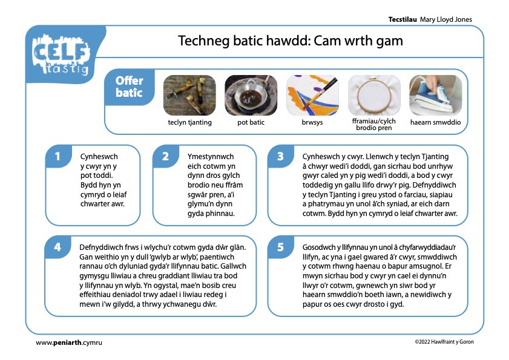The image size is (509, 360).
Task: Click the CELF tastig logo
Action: [61, 54]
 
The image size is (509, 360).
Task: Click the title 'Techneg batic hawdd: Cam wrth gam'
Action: [291, 41]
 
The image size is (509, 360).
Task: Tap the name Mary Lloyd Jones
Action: [446, 19]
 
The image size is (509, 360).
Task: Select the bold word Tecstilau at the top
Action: [402, 19]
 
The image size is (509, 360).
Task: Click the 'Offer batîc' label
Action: [129, 87]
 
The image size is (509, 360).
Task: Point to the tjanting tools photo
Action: [189, 96]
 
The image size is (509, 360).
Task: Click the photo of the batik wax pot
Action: [251, 96]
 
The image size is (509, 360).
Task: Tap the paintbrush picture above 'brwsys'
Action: [312, 96]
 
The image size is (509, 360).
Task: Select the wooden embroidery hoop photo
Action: [374, 96]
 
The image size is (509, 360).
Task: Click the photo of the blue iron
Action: [436, 96]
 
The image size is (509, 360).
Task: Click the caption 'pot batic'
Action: [251, 122]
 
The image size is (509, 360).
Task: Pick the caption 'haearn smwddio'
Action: [436, 122]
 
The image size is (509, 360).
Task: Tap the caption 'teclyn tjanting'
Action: [189, 122]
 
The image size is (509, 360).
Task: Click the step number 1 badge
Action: [58, 157]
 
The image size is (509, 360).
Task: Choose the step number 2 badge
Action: [166, 157]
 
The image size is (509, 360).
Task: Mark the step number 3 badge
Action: [281, 157]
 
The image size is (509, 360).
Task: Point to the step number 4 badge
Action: [57, 247]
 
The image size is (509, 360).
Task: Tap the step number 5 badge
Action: [281, 247]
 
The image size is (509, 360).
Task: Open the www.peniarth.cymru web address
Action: [69, 342]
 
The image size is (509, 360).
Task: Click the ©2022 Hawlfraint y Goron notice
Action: [444, 342]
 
